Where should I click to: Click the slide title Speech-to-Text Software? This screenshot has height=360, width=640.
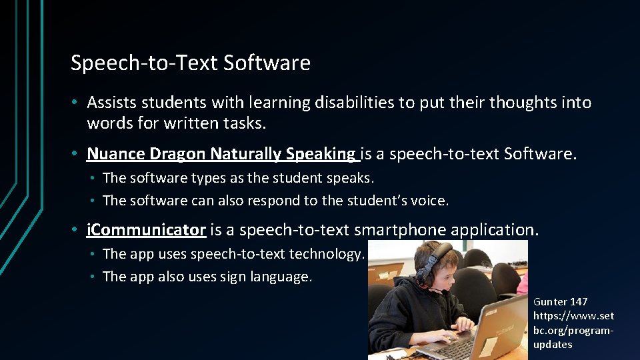click(x=190, y=63)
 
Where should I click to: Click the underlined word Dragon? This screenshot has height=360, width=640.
click(x=178, y=154)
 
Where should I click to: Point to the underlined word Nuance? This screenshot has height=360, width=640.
click(x=116, y=154)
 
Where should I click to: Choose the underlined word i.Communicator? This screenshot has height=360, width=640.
click(x=146, y=230)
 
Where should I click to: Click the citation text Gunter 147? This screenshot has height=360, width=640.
click(x=560, y=302)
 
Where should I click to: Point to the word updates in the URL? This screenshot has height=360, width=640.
click(x=553, y=345)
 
